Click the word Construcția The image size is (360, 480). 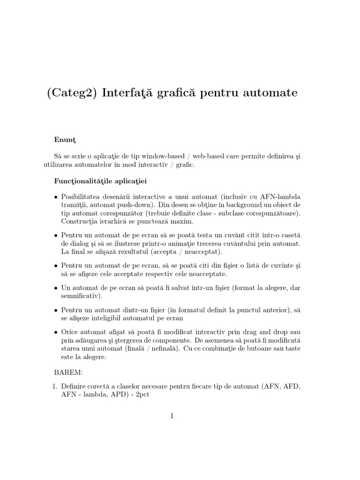tap(81, 221)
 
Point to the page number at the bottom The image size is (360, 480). tap(172, 416)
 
